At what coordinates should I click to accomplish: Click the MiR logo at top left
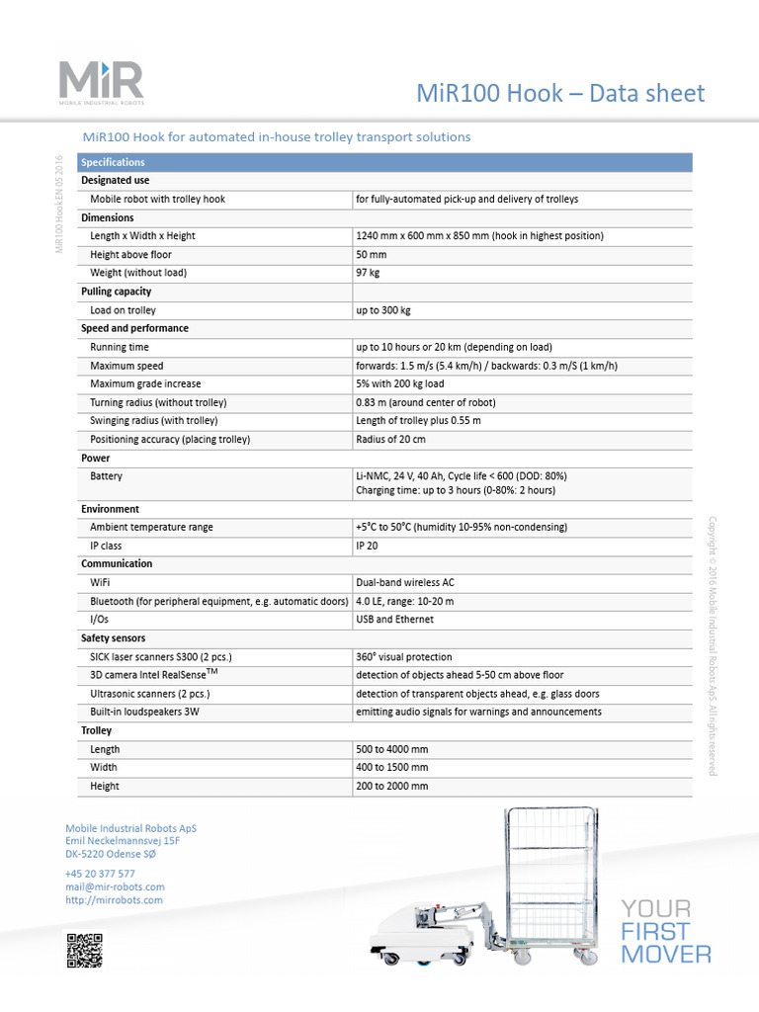pyautogui.click(x=100, y=86)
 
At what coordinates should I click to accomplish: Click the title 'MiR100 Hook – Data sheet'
pyautogui.click(x=560, y=94)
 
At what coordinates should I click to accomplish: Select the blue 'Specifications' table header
pyautogui.click(x=113, y=162)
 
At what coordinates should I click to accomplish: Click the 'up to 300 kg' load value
pyautogui.click(x=382, y=310)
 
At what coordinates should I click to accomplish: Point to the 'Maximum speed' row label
pyautogui.click(x=126, y=366)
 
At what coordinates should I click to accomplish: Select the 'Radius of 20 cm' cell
pyautogui.click(x=390, y=439)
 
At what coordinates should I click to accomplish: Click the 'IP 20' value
pyautogui.click(x=367, y=546)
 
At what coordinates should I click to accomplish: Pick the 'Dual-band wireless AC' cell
pyautogui.click(x=405, y=583)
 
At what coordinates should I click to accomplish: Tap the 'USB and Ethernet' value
pyautogui.click(x=394, y=620)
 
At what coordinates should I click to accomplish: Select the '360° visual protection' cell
pyautogui.click(x=403, y=656)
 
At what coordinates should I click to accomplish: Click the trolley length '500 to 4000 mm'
pyautogui.click(x=391, y=749)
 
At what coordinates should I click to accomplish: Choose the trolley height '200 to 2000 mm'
pyautogui.click(x=391, y=786)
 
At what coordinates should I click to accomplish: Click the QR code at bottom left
pyautogui.click(x=84, y=949)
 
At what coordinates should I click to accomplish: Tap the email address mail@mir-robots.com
pyautogui.click(x=115, y=887)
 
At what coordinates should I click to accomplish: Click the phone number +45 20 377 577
pyautogui.click(x=100, y=874)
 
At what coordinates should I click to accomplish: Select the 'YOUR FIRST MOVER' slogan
pyautogui.click(x=665, y=931)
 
